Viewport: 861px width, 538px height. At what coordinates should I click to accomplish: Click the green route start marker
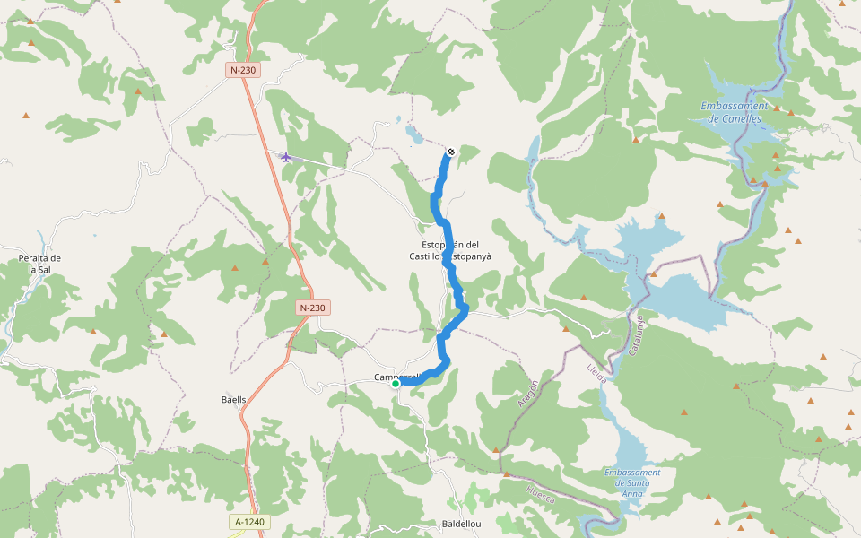point(396,384)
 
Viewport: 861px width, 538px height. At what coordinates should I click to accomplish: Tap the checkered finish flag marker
point(450,152)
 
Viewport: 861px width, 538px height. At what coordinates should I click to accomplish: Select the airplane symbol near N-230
point(286,157)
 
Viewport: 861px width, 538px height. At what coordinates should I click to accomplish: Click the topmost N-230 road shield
point(244,70)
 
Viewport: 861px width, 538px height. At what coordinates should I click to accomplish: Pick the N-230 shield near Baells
point(313,308)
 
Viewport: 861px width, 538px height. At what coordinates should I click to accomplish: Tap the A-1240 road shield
point(250,522)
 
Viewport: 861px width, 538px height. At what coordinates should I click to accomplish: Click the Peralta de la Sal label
point(39,264)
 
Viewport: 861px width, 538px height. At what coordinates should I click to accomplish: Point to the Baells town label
point(233,399)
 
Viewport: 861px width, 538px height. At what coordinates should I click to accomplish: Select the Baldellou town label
point(463,524)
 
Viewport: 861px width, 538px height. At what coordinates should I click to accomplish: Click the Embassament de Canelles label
point(734,112)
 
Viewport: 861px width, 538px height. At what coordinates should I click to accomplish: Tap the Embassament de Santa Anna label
point(632,478)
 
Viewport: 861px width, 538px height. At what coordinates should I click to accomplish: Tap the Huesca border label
point(541,492)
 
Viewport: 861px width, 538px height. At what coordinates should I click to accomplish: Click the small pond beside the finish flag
point(413,134)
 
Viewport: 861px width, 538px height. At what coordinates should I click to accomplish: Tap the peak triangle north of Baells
point(235,267)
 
